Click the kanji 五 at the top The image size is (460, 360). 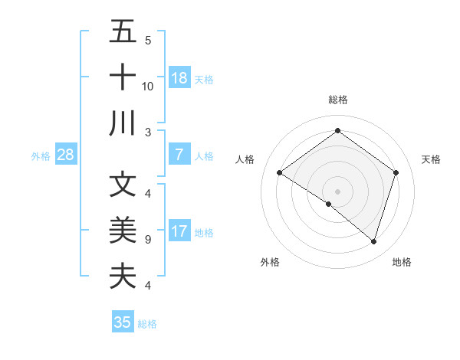[x=123, y=33]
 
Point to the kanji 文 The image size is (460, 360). [x=123, y=185]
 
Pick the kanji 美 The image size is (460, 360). [x=123, y=230]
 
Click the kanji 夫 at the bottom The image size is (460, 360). [x=123, y=275]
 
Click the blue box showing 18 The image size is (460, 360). [x=179, y=78]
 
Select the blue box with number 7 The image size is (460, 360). [x=179, y=155]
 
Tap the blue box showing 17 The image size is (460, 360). [x=179, y=231]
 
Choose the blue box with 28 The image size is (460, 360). [x=65, y=155]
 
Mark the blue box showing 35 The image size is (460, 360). [x=123, y=322]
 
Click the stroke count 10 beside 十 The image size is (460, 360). [x=148, y=86]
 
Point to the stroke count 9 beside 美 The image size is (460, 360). [x=147, y=240]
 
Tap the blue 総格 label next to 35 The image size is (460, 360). [x=147, y=324]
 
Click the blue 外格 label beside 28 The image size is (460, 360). [x=41, y=156]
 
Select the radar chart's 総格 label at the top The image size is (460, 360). [x=337, y=100]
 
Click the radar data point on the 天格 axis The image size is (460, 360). [x=396, y=173]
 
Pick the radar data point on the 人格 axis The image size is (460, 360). [x=279, y=173]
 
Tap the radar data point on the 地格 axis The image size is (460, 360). [x=373, y=241]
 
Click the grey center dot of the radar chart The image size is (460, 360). [x=337, y=191]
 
